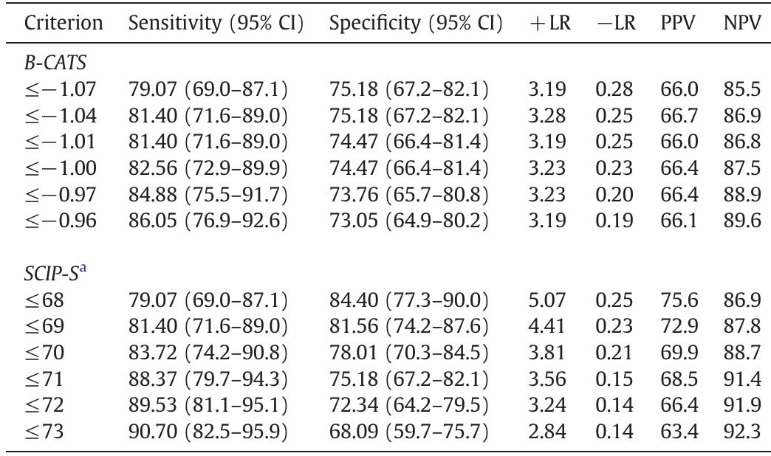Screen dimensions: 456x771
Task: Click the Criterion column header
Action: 64,23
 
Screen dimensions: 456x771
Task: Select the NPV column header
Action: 742,23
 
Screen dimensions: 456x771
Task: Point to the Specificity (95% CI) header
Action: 416,23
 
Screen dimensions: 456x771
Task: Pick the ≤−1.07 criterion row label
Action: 60,89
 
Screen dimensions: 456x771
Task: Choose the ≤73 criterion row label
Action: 44,431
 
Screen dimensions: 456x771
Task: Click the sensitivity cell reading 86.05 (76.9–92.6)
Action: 208,221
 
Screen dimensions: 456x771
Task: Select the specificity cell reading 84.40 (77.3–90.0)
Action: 408,300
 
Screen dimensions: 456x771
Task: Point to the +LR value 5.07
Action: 547,300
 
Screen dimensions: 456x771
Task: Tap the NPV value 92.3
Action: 742,431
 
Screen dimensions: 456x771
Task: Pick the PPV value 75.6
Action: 679,300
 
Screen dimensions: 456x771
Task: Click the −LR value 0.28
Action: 614,89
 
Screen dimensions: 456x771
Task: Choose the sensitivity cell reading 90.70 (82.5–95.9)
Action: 208,431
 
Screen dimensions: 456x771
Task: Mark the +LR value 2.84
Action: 547,431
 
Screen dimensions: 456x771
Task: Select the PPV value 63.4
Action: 679,431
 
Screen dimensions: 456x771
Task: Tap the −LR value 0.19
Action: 614,221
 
